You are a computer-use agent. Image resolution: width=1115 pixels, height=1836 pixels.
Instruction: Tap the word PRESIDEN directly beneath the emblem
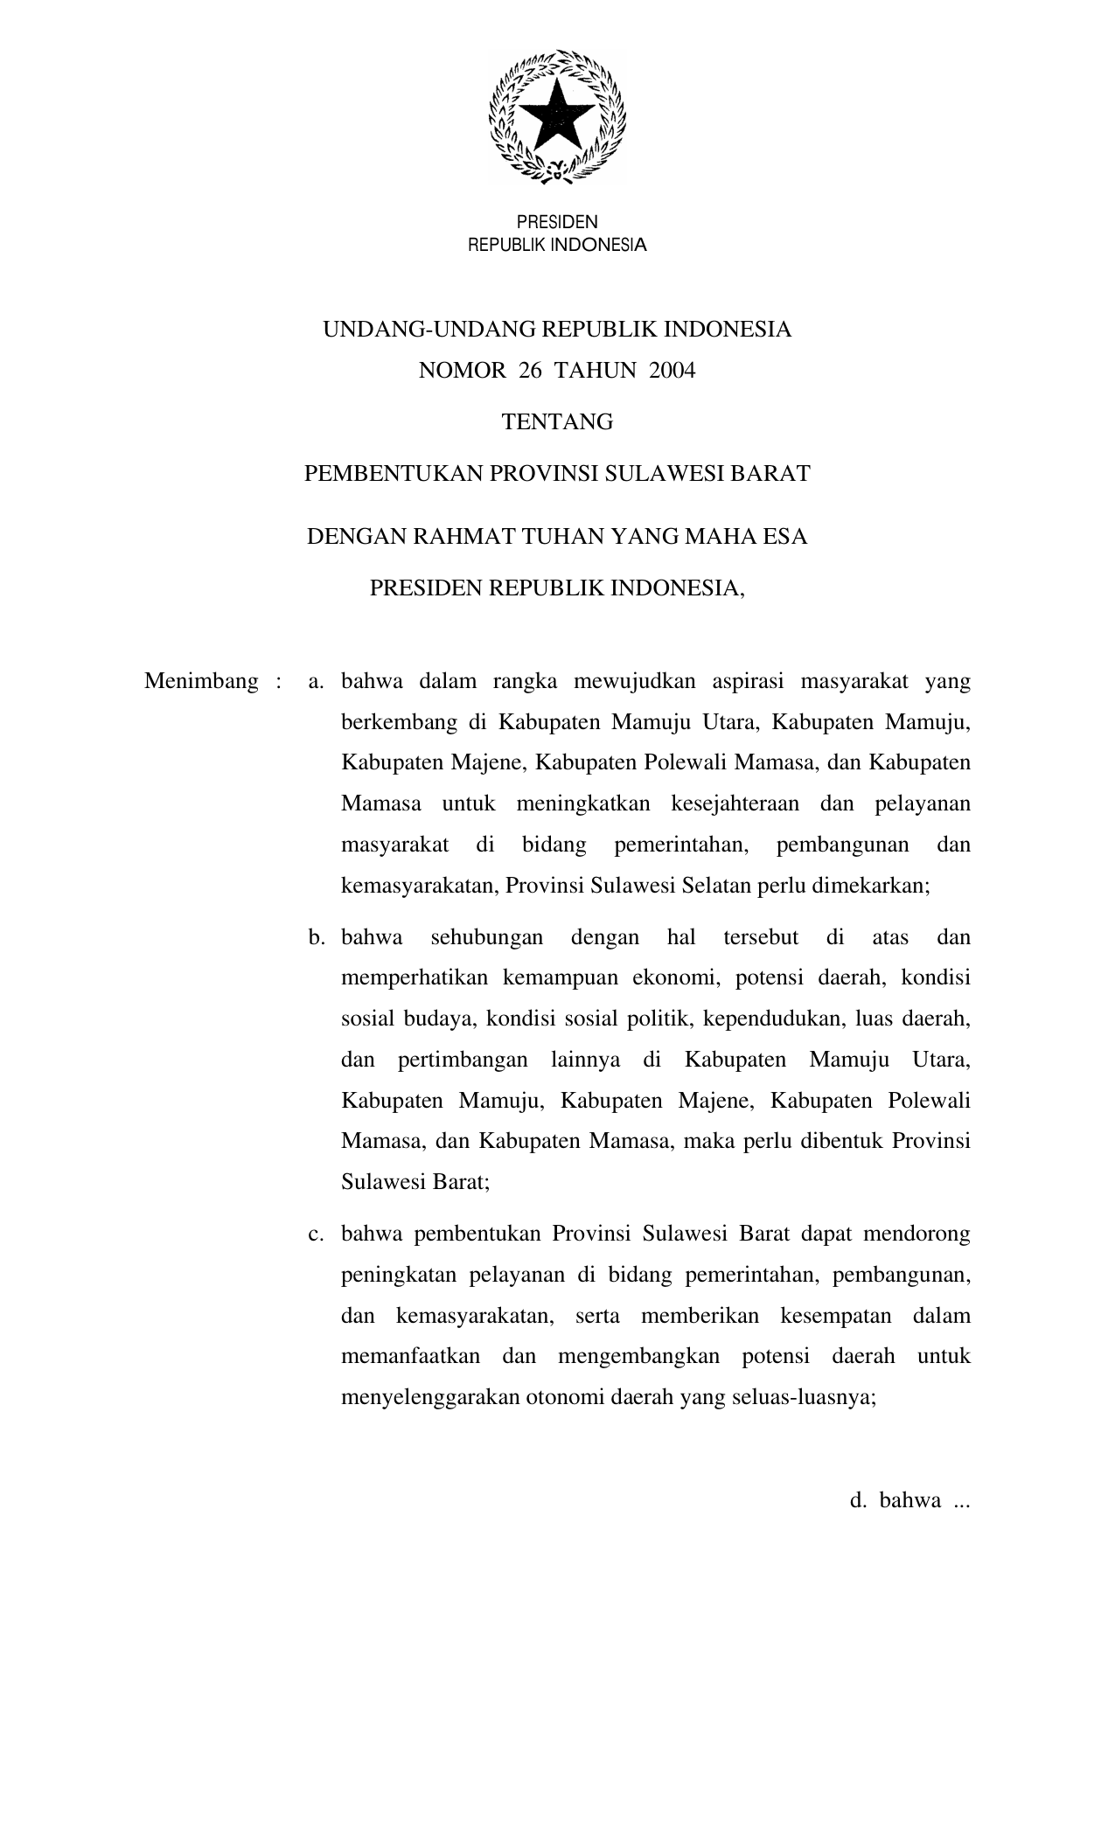tap(557, 223)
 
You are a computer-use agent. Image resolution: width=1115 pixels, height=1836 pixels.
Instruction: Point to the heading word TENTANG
tap(557, 422)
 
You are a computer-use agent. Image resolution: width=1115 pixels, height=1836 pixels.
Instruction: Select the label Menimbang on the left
tap(201, 681)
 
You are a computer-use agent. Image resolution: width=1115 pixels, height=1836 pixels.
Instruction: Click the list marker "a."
tap(316, 681)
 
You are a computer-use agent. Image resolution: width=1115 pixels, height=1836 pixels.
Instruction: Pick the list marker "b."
tap(316, 938)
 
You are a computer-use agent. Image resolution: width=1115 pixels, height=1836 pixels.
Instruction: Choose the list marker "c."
tap(316, 1234)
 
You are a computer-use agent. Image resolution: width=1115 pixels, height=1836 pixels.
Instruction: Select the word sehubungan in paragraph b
tap(486, 938)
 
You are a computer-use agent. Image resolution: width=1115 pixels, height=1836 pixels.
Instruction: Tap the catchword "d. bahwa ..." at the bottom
tap(909, 1501)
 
